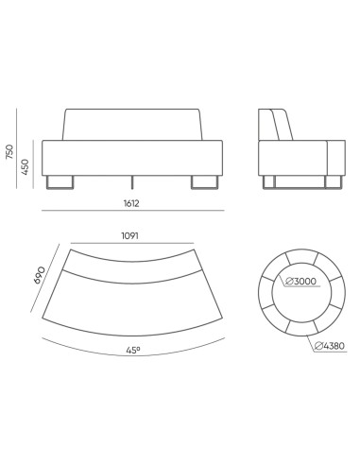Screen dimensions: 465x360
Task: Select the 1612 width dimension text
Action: pos(143,202)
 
